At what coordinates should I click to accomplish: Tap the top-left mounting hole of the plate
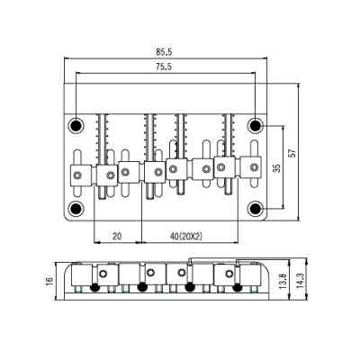[78, 123]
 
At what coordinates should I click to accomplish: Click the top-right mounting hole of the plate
[256, 123]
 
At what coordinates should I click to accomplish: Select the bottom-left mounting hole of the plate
[78, 210]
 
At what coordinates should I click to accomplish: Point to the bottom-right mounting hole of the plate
[256, 210]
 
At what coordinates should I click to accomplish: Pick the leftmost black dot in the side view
[94, 288]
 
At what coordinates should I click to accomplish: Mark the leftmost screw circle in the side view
[106, 273]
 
